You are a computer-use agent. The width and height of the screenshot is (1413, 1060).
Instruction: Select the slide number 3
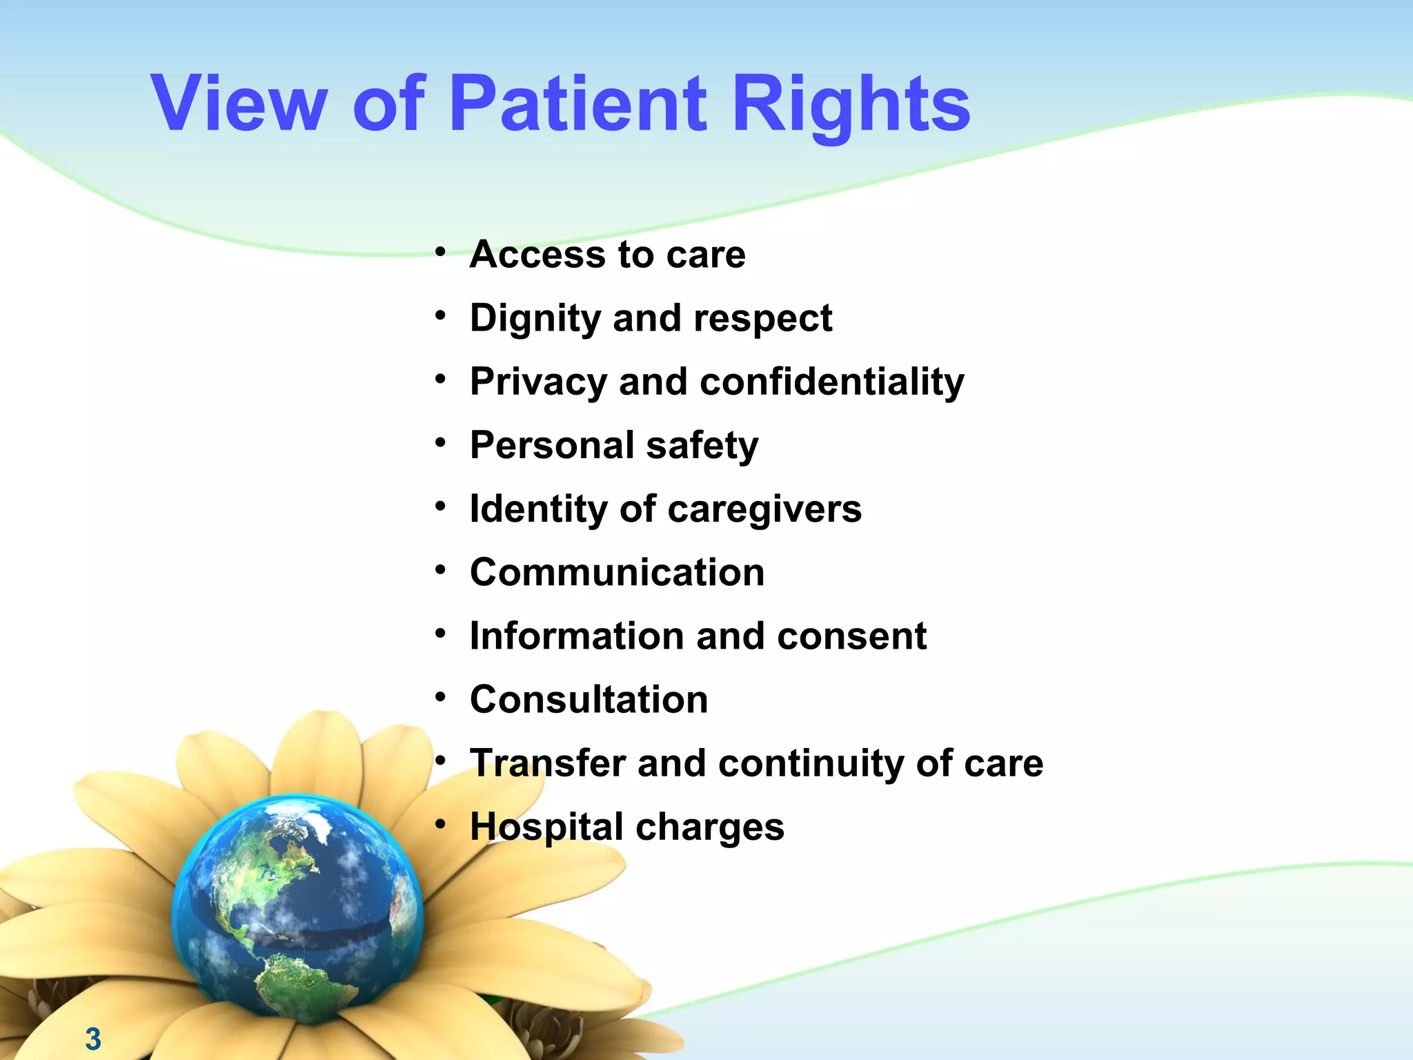[x=93, y=1039]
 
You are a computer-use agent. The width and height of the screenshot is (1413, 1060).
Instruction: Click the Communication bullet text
[x=617, y=573]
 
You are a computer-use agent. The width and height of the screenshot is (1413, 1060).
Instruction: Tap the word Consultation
[x=589, y=700]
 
